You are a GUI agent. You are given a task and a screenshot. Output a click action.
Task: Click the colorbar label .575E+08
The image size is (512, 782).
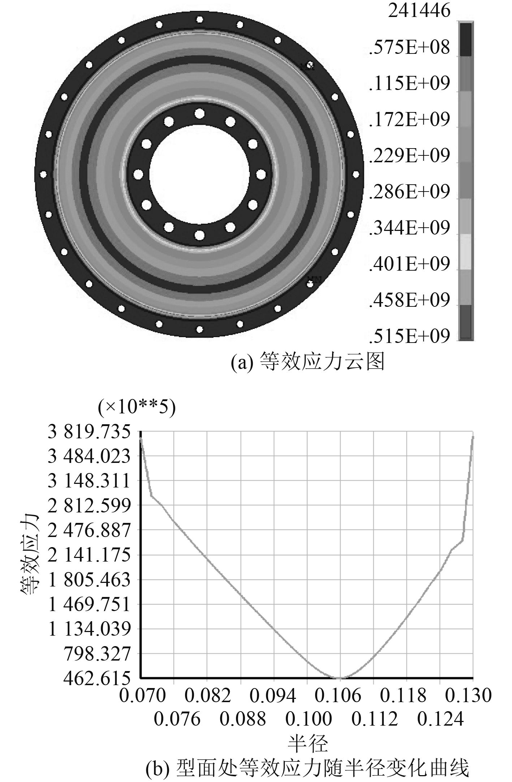(x=410, y=48)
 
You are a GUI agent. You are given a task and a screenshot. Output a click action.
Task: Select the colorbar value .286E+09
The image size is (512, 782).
(x=410, y=192)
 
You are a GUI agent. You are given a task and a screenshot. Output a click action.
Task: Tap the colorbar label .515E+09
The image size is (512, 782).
(x=410, y=336)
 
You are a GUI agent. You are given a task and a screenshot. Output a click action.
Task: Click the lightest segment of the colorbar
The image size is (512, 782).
(x=466, y=252)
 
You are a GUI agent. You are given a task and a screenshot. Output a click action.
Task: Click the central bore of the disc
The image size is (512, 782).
(x=199, y=174)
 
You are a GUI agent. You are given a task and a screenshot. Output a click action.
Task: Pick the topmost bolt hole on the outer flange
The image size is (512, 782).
(x=199, y=19)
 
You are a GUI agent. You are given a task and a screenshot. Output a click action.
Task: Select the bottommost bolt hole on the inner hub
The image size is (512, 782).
(x=199, y=235)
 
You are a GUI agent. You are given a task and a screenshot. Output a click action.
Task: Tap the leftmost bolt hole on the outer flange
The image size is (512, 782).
(x=43, y=174)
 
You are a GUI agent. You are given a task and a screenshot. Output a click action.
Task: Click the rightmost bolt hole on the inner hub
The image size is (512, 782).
(x=261, y=174)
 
